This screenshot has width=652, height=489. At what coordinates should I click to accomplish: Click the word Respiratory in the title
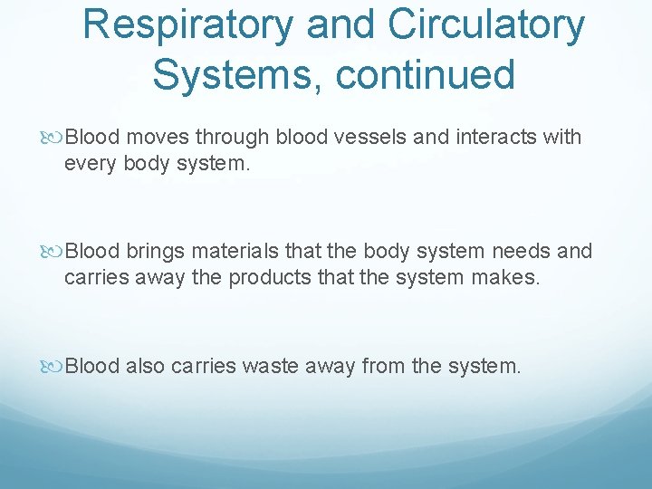click(188, 26)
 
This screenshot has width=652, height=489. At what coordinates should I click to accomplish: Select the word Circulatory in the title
click(487, 26)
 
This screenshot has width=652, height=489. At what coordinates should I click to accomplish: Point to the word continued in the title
click(426, 74)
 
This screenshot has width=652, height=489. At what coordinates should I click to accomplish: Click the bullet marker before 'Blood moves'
click(56, 138)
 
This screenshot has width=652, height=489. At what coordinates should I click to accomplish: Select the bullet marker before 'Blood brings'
click(56, 252)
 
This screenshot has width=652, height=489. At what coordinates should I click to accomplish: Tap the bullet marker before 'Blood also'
click(56, 366)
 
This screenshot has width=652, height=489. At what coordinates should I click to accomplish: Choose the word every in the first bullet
click(89, 163)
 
